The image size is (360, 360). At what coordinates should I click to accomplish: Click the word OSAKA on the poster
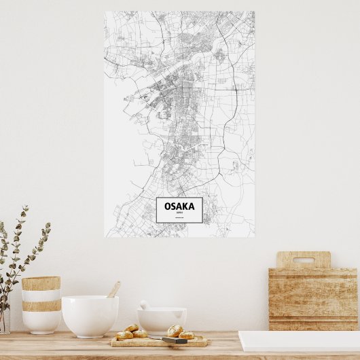[179, 206]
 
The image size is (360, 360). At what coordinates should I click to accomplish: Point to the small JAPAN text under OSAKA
[179, 213]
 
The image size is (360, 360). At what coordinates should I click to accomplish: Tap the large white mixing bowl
[90, 315]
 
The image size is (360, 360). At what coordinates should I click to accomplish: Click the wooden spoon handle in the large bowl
[113, 289]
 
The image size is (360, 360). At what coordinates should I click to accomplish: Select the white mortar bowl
[162, 320]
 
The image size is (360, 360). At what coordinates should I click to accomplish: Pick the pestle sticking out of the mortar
[144, 305]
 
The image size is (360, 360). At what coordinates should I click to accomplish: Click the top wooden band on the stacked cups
[41, 283]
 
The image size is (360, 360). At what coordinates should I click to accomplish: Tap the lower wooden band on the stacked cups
[41, 306]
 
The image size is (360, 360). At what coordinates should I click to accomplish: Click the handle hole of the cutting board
[303, 260]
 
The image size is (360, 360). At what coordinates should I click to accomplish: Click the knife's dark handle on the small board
[175, 340]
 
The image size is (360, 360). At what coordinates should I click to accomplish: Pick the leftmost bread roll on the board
[124, 335]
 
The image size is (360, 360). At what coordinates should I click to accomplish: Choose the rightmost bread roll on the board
[186, 334]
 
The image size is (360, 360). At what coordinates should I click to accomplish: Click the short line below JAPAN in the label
[179, 218]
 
